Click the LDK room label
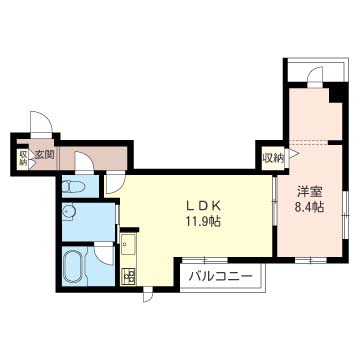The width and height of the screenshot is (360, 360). [x=203, y=206]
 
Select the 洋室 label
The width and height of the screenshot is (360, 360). [x=309, y=193]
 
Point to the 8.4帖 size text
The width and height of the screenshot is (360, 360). [x=309, y=208]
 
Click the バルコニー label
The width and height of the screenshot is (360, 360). [x=220, y=276]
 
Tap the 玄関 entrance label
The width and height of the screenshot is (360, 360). [x=43, y=155]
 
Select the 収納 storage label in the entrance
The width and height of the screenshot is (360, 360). [x=23, y=158]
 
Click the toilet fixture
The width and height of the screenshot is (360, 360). [x=74, y=186]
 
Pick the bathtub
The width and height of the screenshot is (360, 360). [x=75, y=267]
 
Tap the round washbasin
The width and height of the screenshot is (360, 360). [x=69, y=213]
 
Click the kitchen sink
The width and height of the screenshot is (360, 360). [x=128, y=243]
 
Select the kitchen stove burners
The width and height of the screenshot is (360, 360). [x=128, y=276]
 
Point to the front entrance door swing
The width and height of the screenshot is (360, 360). [x=41, y=122]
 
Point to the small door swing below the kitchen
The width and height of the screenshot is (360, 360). [x=148, y=295]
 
